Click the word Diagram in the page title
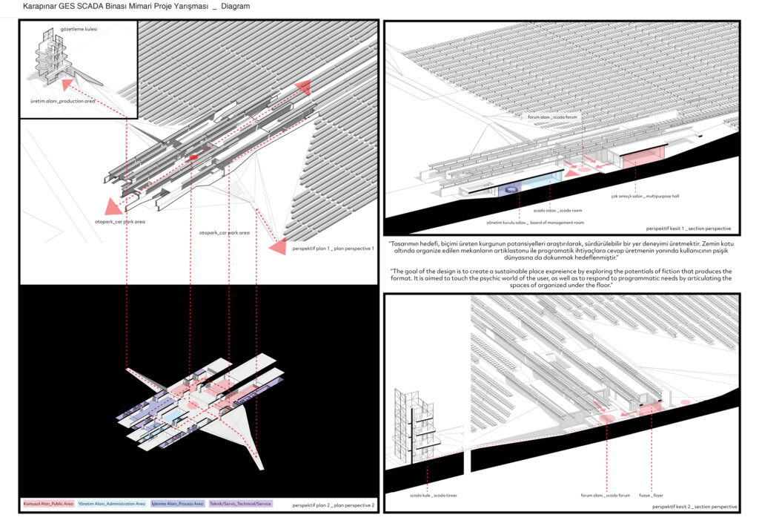[235, 7]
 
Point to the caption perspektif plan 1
[334, 249]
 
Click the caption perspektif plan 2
[334, 505]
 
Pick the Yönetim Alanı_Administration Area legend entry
[112, 504]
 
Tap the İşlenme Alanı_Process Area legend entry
[177, 504]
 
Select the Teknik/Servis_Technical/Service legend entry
[241, 504]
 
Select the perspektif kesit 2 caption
[695, 506]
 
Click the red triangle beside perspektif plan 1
[278, 248]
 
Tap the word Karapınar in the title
[41, 7]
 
